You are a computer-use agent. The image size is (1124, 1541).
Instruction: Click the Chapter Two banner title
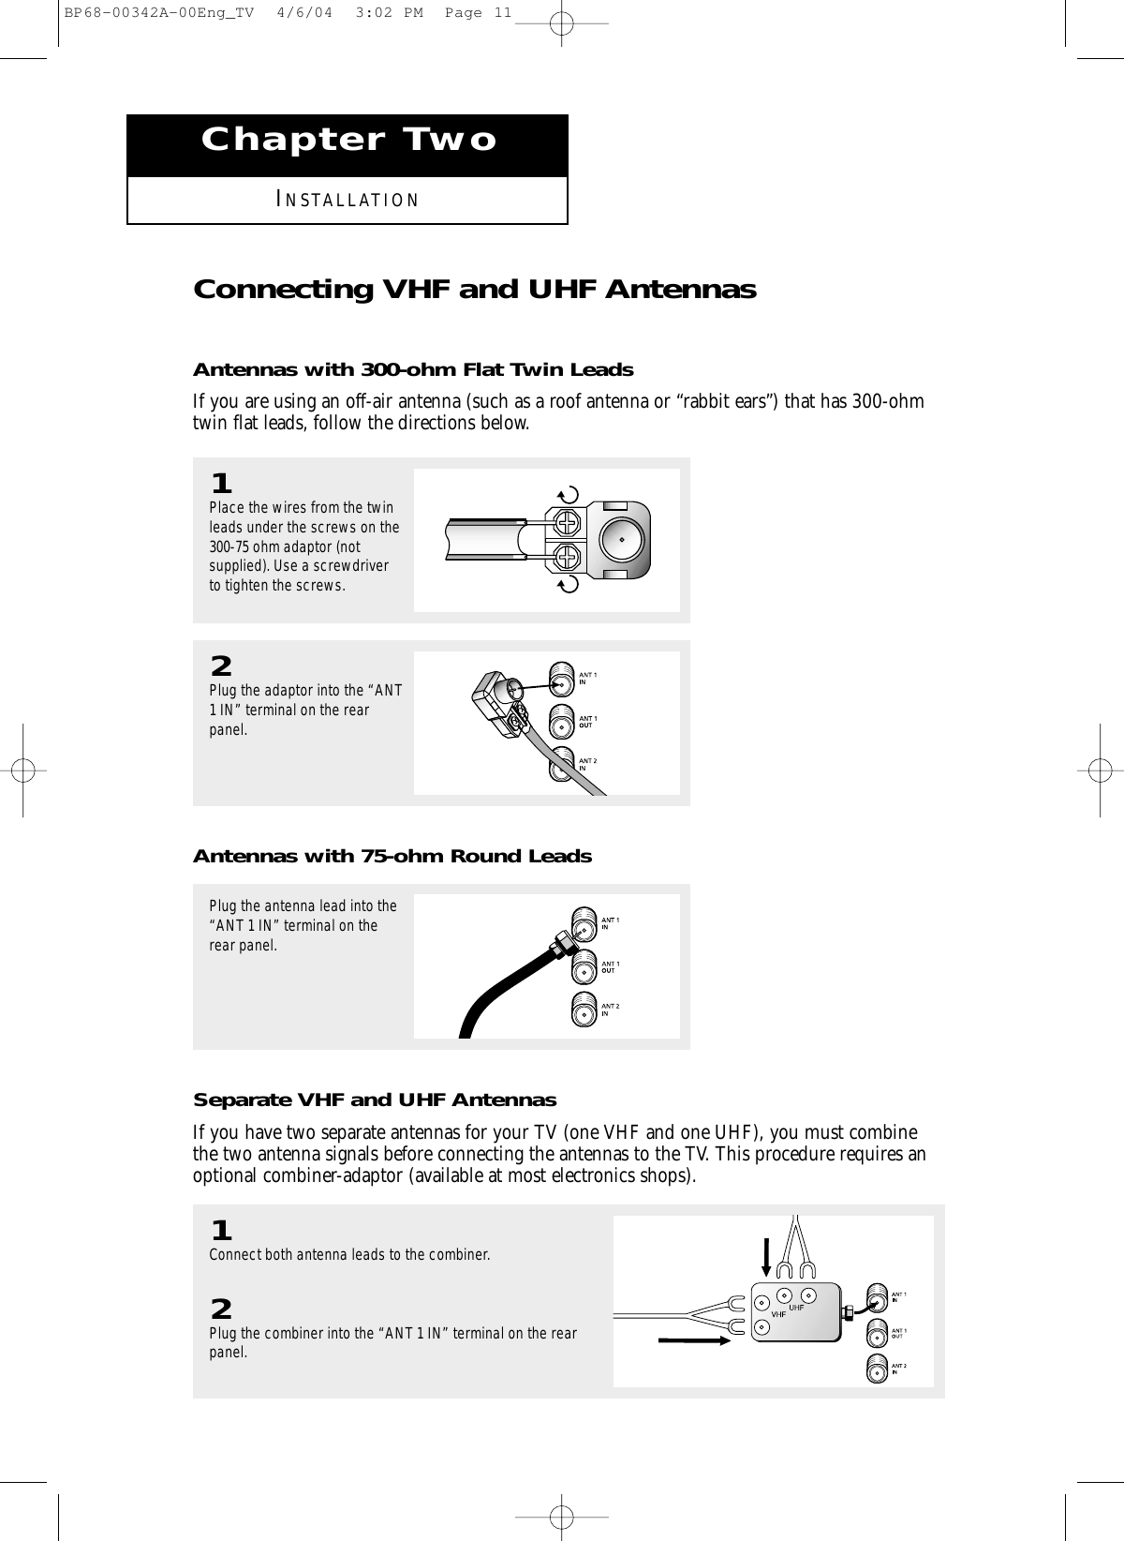[x=348, y=141]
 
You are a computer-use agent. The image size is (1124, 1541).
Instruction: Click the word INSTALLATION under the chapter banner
[x=348, y=201]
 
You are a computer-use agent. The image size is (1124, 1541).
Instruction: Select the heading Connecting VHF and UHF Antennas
[x=474, y=290]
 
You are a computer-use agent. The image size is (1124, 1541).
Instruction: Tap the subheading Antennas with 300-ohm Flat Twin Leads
[x=413, y=369]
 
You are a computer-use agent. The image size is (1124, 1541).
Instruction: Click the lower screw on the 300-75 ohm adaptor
[x=568, y=559]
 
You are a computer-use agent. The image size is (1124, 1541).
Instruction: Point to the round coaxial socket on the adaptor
[x=619, y=539]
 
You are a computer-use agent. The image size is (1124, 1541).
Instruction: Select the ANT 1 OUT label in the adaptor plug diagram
[x=588, y=721]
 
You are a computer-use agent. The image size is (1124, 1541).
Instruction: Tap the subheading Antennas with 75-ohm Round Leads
[x=392, y=856]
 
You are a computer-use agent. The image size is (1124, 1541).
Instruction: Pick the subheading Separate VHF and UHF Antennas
[x=374, y=1099]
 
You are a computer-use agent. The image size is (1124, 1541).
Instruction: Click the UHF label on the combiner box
[x=797, y=1307]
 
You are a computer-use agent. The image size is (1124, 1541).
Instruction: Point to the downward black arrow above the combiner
[x=767, y=1257]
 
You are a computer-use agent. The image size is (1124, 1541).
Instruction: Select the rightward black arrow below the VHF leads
[x=694, y=1341]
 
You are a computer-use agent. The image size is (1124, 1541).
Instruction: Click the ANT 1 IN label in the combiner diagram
[x=898, y=1297]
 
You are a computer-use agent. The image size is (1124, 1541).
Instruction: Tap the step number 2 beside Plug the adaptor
[x=221, y=666]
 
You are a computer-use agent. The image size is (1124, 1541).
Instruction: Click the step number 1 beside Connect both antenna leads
[x=221, y=1229]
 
